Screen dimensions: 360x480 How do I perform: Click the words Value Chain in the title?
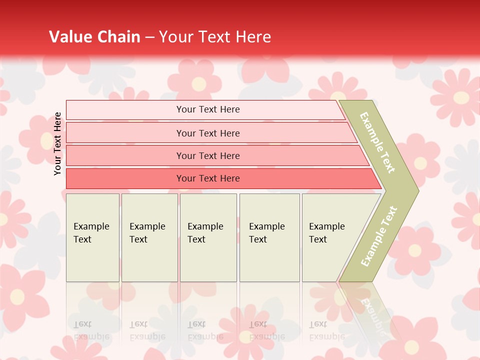coord(94,37)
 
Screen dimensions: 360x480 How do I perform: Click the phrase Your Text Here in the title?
coord(215,37)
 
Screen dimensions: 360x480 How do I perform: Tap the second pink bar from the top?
coord(208,133)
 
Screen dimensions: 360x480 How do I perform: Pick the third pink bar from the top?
coord(208,155)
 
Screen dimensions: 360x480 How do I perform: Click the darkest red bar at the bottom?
coord(208,178)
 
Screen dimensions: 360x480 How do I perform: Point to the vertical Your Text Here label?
coord(58,143)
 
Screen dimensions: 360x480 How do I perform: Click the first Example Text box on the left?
coord(92,237)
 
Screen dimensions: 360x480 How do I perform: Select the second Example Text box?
coord(149,237)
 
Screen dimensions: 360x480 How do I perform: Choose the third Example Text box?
coord(208,237)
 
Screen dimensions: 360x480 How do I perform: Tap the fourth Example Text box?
coord(269,237)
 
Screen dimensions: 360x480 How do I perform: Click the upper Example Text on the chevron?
coord(378,142)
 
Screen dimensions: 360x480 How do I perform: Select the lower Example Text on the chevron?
coord(378,236)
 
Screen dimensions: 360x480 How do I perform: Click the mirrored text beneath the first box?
coord(91,330)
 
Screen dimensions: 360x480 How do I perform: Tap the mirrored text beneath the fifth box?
coord(326,330)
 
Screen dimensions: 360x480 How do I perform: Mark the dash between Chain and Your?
coord(149,37)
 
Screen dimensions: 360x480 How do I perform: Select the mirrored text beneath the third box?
coord(205,330)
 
